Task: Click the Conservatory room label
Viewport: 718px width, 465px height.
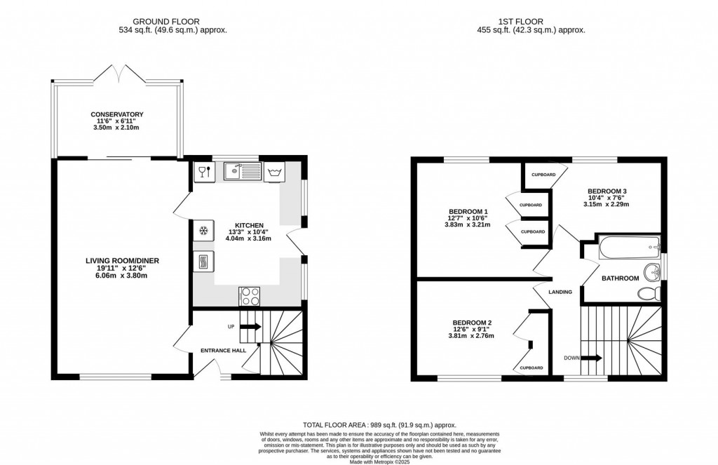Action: coord(116,114)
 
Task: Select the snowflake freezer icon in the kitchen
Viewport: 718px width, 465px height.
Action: coord(203,230)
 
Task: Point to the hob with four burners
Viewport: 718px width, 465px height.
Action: coord(250,296)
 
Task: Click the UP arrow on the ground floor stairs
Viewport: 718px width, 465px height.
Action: coord(250,327)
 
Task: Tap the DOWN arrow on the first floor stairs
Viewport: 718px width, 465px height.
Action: coord(592,358)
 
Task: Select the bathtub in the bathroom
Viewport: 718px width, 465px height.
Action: coord(629,246)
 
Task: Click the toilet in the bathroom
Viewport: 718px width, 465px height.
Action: coord(650,293)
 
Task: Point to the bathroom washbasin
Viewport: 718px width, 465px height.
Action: coord(652,271)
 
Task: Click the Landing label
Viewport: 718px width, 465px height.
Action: coord(560,292)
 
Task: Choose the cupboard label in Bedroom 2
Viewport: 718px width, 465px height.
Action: coord(531,368)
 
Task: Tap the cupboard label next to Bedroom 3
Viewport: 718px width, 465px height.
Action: coord(543,175)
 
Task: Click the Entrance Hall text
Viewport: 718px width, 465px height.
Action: coord(223,350)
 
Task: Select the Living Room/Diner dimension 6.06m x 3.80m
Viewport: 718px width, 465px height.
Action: coord(118,276)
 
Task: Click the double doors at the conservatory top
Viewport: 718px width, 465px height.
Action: coord(117,72)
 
